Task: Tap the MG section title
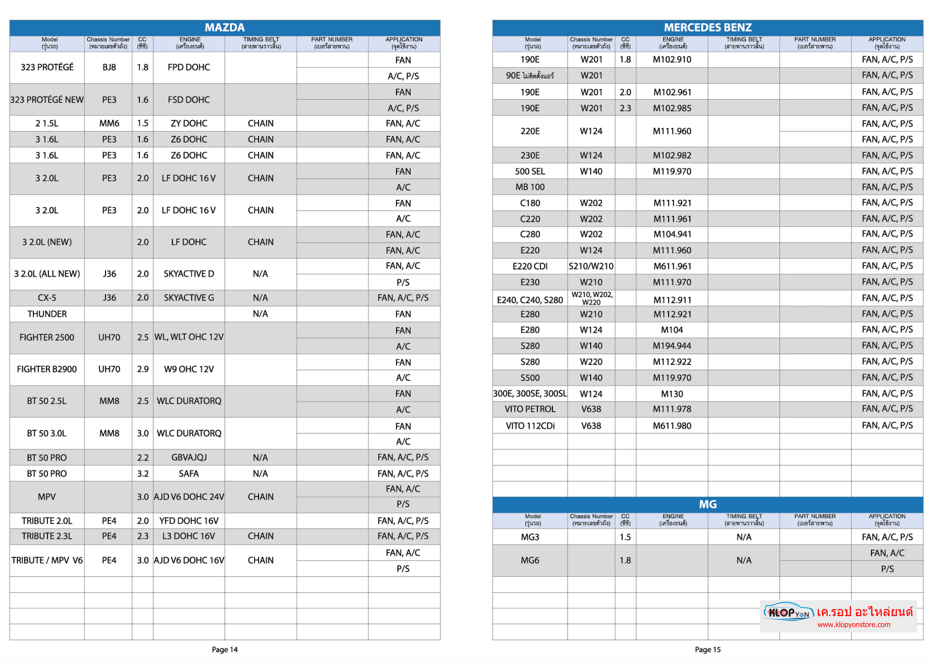(708, 504)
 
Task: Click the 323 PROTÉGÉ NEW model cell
(47, 100)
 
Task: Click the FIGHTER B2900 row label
(47, 369)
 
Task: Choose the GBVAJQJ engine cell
(189, 458)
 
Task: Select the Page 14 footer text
(224, 650)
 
